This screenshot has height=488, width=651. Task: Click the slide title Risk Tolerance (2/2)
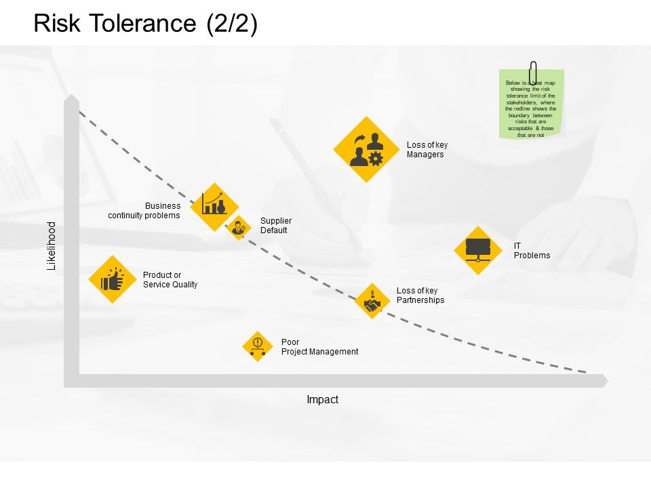[145, 24]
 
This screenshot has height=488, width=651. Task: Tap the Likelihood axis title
[52, 246]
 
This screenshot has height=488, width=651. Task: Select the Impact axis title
[322, 400]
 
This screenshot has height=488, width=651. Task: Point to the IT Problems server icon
[478, 250]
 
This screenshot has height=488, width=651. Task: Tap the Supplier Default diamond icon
[239, 228]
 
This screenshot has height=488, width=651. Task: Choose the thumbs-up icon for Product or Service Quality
[113, 279]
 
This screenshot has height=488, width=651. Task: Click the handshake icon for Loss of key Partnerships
[372, 302]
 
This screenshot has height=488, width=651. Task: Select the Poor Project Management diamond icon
[257, 346]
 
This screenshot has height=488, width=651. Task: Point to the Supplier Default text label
[276, 226]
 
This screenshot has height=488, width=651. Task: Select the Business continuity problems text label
[144, 211]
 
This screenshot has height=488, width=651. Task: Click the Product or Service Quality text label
[170, 280]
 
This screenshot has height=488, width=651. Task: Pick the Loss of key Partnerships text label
[420, 296]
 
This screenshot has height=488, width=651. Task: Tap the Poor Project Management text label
[319, 347]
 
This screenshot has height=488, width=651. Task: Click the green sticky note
[531, 108]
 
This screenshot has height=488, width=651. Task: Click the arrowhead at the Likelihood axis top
[71, 100]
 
